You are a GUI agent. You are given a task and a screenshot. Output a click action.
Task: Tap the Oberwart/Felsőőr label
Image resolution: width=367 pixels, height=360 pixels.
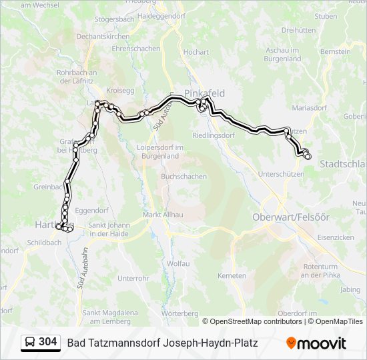coord(291,217)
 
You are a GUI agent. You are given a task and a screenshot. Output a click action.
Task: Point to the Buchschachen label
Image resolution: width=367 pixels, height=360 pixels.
coord(183,177)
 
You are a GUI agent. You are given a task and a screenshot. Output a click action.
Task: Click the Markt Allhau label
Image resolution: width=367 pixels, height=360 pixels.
coord(163,215)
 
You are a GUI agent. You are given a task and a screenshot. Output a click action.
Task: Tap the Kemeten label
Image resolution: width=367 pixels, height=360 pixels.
coord(232,275)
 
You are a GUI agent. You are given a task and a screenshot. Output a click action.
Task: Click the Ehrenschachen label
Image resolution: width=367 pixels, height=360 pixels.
coord(136,49)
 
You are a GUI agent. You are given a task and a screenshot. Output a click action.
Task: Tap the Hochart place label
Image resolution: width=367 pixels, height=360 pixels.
coord(196,51)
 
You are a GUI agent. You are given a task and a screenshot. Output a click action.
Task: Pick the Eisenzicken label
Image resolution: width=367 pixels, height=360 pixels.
coord(336,237)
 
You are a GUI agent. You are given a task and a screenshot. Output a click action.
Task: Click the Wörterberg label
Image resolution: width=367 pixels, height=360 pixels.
coord(180,313)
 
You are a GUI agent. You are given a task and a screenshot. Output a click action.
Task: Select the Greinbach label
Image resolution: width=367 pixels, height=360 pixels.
coord(49,187)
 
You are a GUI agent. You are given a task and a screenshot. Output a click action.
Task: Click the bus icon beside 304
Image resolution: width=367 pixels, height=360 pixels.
coord(30,343)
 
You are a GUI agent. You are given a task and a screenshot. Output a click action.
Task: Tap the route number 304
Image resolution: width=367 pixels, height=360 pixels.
coord(48,342)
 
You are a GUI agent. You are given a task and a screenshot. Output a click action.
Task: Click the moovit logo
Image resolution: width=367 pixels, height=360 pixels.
coord(316,343)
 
